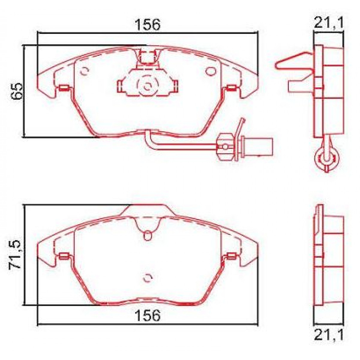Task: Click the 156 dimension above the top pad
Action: [x=148, y=25]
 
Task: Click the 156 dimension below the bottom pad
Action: [x=148, y=315]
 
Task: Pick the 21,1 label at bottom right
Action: [x=328, y=336]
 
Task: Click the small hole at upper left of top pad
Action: [x=85, y=71]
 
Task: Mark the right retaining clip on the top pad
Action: [x=231, y=88]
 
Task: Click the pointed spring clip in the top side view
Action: [x=292, y=62]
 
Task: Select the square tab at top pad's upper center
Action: [x=147, y=58]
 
